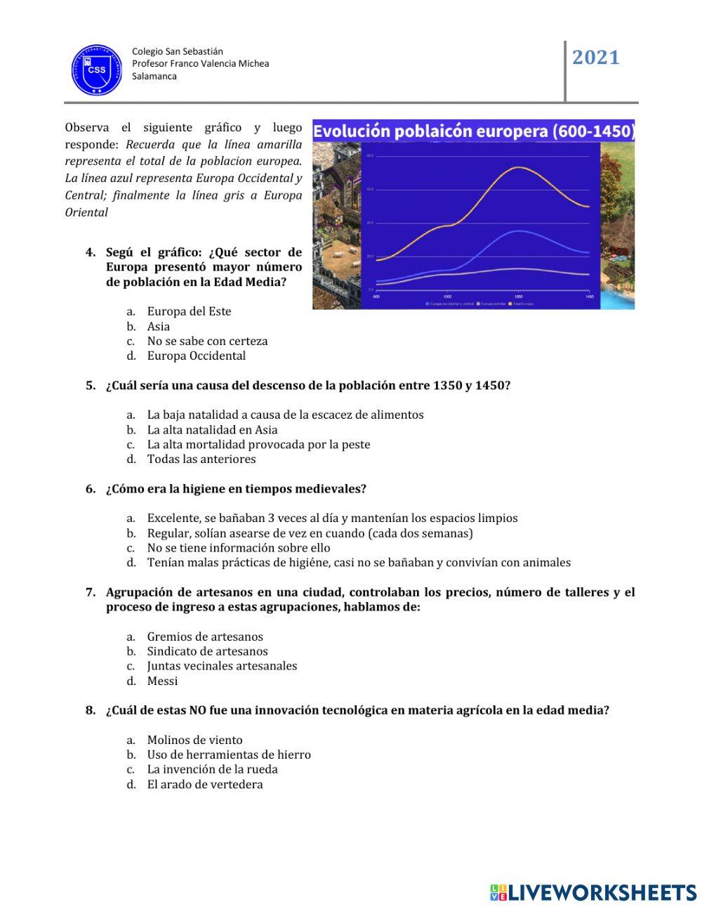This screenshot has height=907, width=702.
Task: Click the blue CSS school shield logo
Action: pyautogui.click(x=97, y=70)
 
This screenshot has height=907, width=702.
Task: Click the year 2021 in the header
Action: pyautogui.click(x=596, y=58)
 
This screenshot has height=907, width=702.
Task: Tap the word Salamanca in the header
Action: pyautogui.click(x=154, y=76)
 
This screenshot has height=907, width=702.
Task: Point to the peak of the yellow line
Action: pyautogui.click(x=518, y=167)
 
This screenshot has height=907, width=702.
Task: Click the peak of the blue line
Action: pyautogui.click(x=518, y=230)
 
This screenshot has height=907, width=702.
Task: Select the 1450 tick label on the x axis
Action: pyautogui.click(x=589, y=297)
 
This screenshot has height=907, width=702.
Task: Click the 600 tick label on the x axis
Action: pyautogui.click(x=376, y=297)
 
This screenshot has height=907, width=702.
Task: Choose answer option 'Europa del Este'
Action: pyautogui.click(x=189, y=311)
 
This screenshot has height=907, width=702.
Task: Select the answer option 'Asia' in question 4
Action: pyautogui.click(x=159, y=326)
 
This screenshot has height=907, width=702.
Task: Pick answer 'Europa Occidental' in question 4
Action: pyautogui.click(x=197, y=355)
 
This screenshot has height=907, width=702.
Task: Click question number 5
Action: pyautogui.click(x=91, y=385)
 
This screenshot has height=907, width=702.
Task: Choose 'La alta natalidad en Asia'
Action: pyautogui.click(x=212, y=429)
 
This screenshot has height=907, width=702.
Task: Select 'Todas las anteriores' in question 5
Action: pyautogui.click(x=201, y=459)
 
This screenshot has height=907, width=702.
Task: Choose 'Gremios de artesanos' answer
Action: pyautogui.click(x=205, y=637)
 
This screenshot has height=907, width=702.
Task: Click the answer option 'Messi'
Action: pyautogui.click(x=162, y=681)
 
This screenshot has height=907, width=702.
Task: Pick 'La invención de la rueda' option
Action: pyautogui.click(x=212, y=769)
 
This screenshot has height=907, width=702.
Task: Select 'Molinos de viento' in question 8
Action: pyautogui.click(x=194, y=740)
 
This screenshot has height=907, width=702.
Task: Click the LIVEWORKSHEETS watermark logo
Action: pyautogui.click(x=593, y=892)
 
